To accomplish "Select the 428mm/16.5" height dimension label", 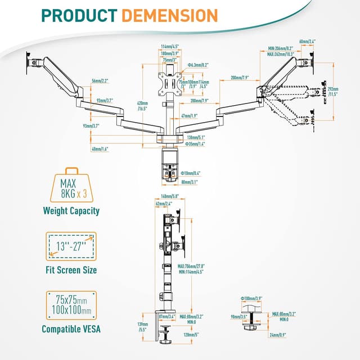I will pos(142,106).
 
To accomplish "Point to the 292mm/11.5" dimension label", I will pos(332,91).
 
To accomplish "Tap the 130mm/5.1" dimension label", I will pos(196,137).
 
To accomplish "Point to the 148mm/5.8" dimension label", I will pos(169,196).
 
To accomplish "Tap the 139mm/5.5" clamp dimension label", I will pos(143,327).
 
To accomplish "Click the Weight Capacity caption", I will pos(71,211).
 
